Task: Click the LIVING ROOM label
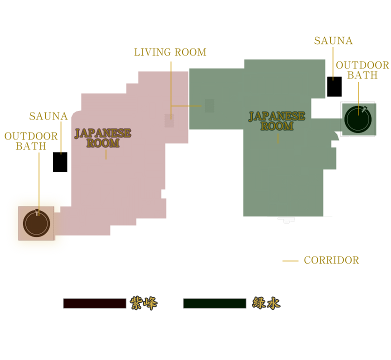170,52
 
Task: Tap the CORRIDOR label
331,260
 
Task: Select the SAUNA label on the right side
333,41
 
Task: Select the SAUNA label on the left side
48,116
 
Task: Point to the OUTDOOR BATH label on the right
362,70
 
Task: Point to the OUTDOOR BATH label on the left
31,141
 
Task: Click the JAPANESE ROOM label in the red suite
103,138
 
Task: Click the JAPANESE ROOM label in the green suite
277,121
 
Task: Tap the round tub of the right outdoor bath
358,118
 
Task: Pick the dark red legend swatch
94,303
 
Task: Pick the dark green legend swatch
214,303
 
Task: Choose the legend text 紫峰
143,303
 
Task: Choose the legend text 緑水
266,303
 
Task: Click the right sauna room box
333,86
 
